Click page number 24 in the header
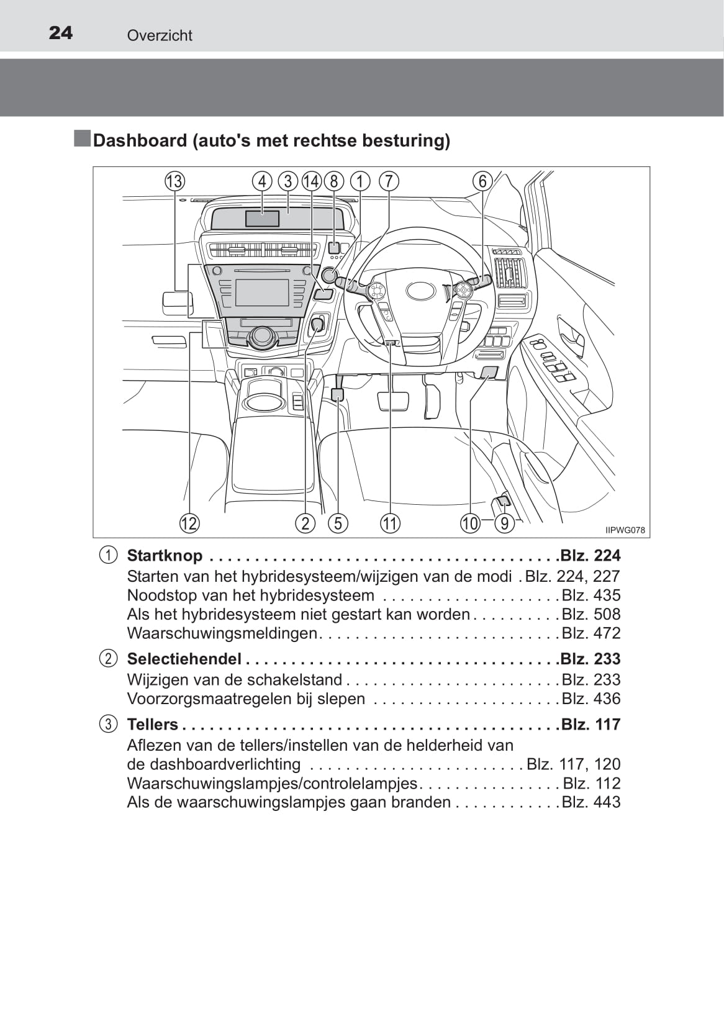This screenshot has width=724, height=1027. tap(60, 33)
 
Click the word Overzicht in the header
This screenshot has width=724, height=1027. tap(160, 36)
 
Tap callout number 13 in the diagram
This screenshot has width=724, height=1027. tap(174, 181)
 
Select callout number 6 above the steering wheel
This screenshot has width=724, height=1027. tap(482, 181)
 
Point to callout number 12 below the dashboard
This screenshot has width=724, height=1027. tap(189, 523)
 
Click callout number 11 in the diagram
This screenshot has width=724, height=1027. tap(390, 523)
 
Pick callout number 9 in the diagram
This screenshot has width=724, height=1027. tap(505, 523)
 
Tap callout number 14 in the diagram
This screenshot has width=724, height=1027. tap(311, 181)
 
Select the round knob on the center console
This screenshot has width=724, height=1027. tap(262, 336)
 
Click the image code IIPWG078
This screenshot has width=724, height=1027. tap(625, 530)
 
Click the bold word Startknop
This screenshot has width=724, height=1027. tap(165, 556)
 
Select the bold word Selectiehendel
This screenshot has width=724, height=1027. tap(184, 659)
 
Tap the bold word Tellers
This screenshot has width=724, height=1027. tap(152, 725)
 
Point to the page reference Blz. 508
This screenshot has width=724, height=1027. tap(591, 614)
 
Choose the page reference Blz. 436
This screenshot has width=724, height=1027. tap(591, 699)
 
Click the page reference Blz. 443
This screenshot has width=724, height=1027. tap(591, 802)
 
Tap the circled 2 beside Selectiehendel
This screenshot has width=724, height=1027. tap(108, 659)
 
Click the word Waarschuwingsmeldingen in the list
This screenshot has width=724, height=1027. tap(222, 633)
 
